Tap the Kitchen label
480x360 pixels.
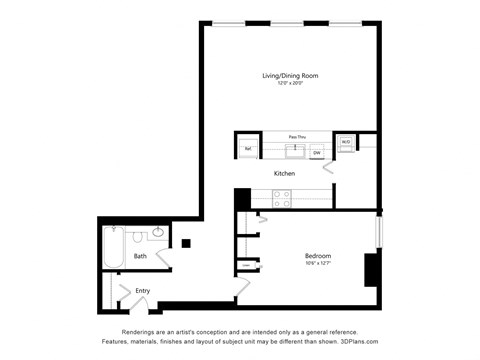coord(284,173)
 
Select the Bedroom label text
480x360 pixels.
coord(318,256)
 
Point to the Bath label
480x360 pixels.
coord(141,256)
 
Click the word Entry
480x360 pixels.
coord(143,291)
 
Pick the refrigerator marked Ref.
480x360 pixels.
coord(247,148)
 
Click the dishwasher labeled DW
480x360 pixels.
coord(316,153)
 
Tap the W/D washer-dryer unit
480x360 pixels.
coord(345,143)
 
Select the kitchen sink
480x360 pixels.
coord(295,151)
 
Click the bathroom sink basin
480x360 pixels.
coord(159,235)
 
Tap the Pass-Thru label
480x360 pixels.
coord(296,136)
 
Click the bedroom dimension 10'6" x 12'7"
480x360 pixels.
coord(318,264)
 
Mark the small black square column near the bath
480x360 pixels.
coord(186,242)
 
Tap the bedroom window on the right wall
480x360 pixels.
coord(378,230)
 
